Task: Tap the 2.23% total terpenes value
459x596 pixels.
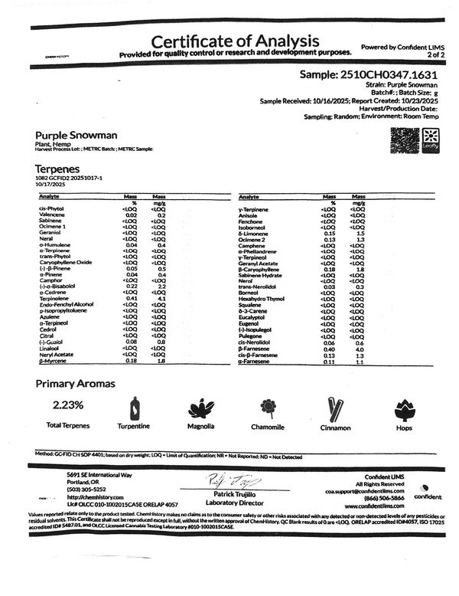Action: pyautogui.click(x=69, y=404)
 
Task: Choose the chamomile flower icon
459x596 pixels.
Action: pyautogui.click(x=267, y=407)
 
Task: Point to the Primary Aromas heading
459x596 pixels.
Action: pyautogui.click(x=75, y=383)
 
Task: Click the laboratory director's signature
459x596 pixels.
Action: pyautogui.click(x=228, y=480)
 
